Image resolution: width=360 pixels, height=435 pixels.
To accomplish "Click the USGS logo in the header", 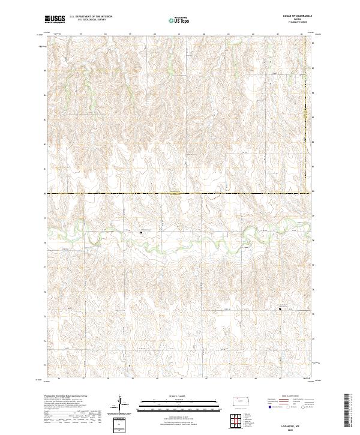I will (55, 19).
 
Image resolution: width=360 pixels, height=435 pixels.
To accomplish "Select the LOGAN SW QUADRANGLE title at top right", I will (299, 16).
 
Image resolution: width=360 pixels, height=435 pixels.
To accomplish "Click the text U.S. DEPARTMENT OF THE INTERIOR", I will (91, 17).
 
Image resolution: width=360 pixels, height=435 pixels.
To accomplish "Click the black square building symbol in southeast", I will (280, 310).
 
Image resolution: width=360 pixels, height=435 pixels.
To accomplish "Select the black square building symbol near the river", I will (141, 232).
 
